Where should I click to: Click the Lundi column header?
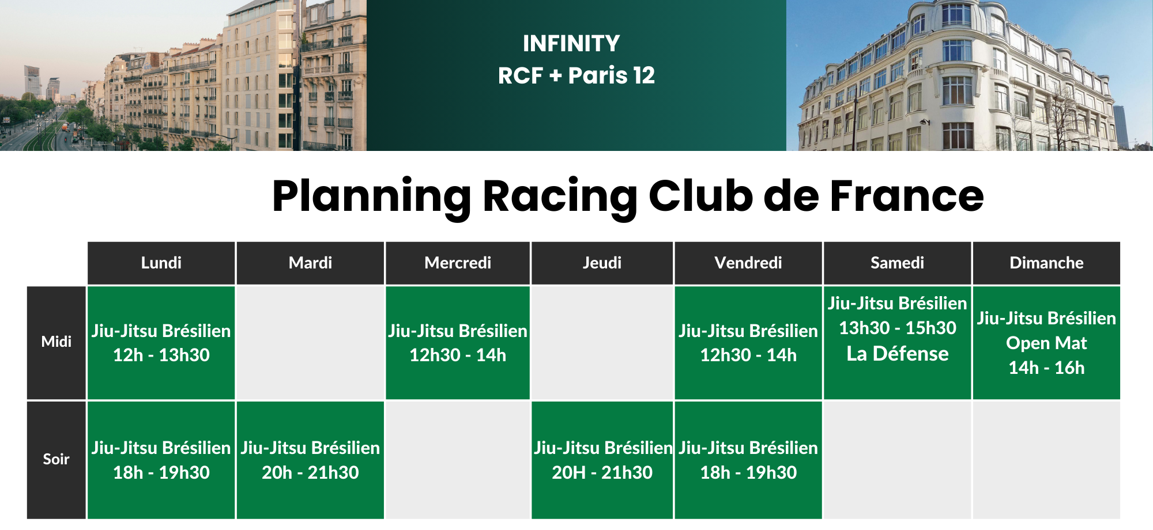(x=161, y=263)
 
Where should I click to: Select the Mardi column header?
(x=310, y=263)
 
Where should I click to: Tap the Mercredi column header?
(x=458, y=263)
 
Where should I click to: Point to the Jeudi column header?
(x=602, y=263)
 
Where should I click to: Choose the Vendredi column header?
(x=748, y=263)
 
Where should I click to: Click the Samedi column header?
(x=897, y=263)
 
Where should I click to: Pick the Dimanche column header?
(x=1046, y=263)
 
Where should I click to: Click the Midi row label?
(x=56, y=342)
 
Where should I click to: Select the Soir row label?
(x=56, y=460)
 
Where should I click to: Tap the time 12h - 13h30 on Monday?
(x=161, y=355)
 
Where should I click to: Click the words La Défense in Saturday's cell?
(x=898, y=354)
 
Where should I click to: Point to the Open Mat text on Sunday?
(x=1046, y=343)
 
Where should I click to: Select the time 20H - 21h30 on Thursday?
(x=602, y=473)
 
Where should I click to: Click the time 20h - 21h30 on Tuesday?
(x=310, y=473)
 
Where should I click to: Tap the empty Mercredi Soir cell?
(x=458, y=460)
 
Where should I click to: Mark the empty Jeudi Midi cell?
(x=602, y=343)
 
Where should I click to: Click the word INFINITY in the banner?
(x=571, y=44)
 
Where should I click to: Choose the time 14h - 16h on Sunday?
(x=1046, y=368)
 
